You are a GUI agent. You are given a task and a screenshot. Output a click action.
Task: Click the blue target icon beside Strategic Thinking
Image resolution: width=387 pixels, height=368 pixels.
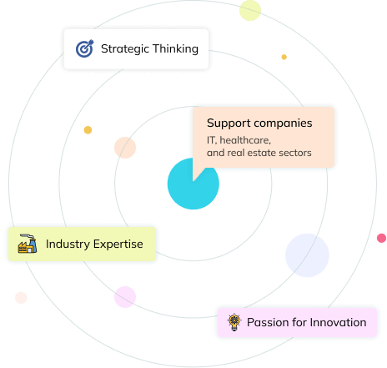click(85, 48)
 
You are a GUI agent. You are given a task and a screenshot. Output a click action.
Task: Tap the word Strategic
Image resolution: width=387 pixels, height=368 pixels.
click(125, 49)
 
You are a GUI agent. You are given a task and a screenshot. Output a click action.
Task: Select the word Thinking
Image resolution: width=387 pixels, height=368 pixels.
click(175, 48)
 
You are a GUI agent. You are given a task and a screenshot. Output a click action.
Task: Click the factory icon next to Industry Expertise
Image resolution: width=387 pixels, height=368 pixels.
click(28, 244)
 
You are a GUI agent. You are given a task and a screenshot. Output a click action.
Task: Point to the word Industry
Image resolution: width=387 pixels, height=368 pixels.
click(68, 244)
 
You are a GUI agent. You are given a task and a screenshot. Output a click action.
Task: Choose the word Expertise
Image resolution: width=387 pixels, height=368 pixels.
click(118, 244)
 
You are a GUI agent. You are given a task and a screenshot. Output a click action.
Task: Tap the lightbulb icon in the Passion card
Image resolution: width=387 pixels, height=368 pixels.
click(234, 322)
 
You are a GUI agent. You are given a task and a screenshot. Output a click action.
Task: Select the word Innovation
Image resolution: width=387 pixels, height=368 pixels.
click(338, 322)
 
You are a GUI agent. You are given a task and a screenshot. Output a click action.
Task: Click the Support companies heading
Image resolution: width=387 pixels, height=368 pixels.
click(259, 124)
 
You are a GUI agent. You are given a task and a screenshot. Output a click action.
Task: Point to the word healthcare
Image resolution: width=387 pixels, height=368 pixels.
click(245, 140)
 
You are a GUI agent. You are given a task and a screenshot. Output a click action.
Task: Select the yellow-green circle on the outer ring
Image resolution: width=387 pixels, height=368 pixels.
click(250, 10)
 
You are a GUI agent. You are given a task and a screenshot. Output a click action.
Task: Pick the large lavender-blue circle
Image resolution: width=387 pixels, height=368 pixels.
click(307, 255)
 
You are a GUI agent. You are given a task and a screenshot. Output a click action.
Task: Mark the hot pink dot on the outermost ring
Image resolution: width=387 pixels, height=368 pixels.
click(381, 238)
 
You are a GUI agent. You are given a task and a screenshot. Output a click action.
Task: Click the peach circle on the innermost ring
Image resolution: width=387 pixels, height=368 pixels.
click(125, 148)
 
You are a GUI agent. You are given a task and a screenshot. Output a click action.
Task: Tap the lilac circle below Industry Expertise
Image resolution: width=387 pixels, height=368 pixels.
click(125, 297)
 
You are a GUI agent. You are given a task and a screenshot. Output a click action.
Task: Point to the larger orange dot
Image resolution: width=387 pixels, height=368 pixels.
click(88, 130)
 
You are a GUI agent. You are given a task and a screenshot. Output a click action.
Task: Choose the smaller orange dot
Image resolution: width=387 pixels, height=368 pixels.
click(284, 57)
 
